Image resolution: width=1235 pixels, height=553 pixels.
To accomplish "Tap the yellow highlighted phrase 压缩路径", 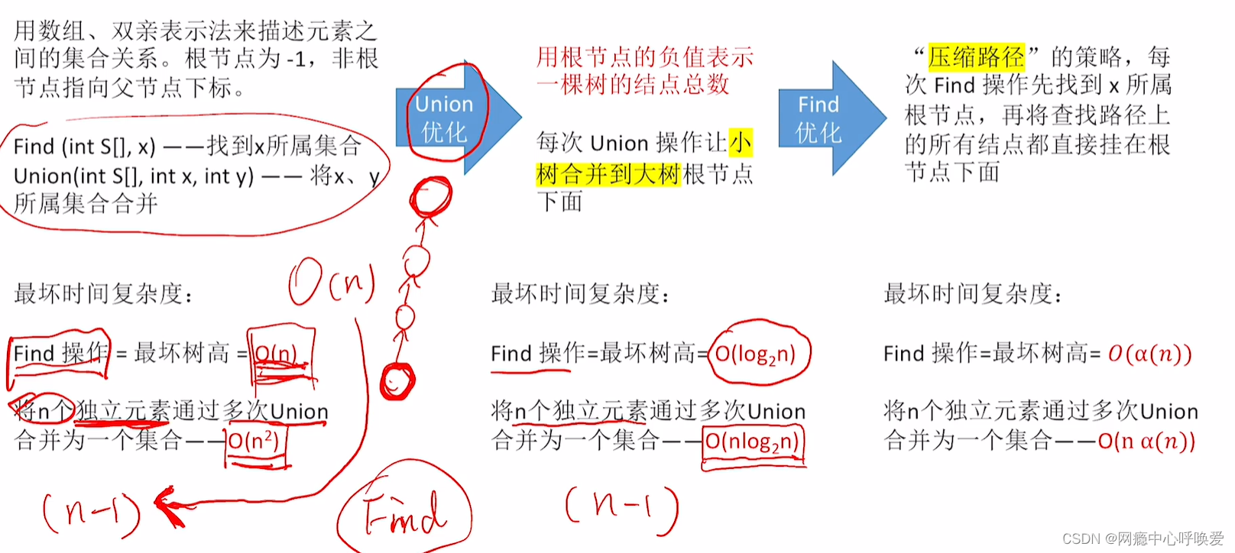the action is (976, 57).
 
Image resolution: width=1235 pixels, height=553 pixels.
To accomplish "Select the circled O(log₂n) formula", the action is (756, 354).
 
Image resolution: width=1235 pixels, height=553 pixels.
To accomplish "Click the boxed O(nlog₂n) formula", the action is (752, 441).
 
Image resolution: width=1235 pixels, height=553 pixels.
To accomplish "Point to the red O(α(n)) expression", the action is (1149, 354).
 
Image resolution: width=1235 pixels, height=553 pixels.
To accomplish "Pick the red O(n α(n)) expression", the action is (1146, 441).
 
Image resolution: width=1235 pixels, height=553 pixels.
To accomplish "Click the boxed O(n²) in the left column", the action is (254, 441).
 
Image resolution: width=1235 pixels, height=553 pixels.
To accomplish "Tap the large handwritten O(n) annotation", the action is (332, 282).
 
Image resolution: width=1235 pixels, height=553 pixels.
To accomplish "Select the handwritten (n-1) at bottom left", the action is (91, 512).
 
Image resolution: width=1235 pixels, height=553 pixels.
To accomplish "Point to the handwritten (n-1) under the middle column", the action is (621, 506).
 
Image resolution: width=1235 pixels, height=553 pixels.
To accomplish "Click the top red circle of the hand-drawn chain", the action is (430, 197).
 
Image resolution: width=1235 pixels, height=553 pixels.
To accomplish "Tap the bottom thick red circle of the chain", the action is (397, 380).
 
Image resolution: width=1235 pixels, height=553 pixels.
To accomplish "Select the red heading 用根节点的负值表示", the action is (644, 57).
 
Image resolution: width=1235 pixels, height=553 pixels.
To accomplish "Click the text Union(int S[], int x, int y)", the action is (134, 176).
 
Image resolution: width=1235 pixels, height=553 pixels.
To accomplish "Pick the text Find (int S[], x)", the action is (84, 146).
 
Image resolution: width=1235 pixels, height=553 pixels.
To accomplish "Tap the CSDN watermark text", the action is (1143, 538).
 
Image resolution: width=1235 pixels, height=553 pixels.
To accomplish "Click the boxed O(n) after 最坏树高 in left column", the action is (276, 354).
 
